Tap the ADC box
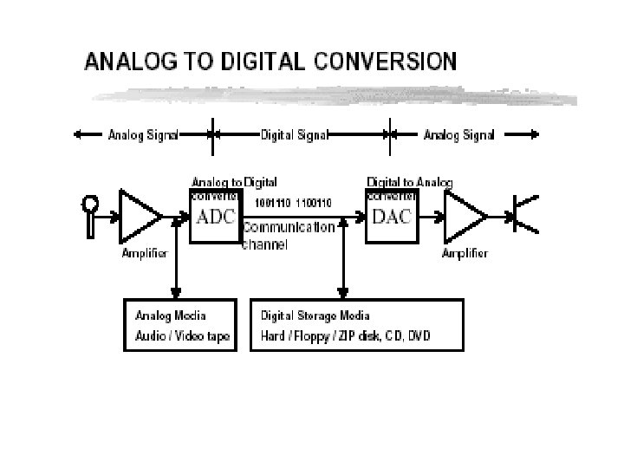click(215, 217)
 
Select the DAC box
click(392, 217)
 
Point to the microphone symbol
click(89, 213)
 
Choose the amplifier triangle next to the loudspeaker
click(464, 215)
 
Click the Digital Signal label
click(293, 134)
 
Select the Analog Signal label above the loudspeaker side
click(458, 134)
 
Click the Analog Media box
click(179, 325)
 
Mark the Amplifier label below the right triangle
click(465, 254)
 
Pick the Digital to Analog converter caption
click(409, 183)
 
